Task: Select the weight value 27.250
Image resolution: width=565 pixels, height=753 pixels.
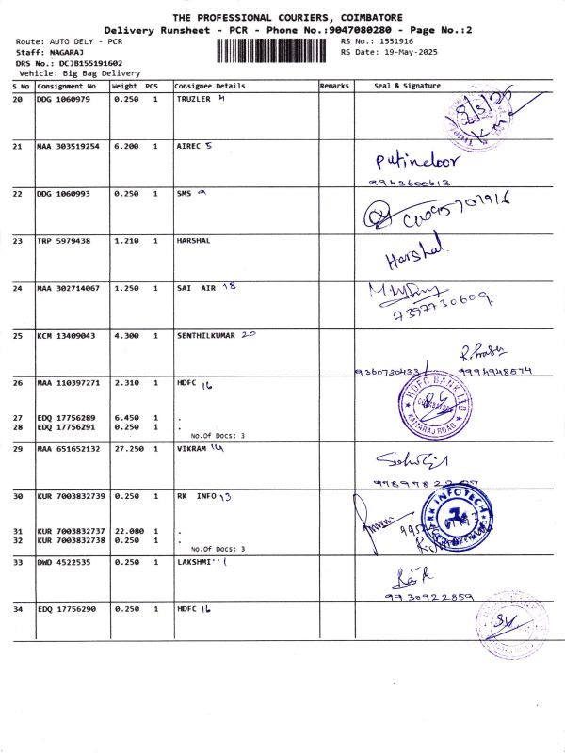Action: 126,450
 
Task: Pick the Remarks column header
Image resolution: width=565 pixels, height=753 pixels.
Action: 334,86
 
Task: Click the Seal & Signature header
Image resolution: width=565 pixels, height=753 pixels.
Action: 407,86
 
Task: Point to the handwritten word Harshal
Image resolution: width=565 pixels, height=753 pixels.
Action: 412,255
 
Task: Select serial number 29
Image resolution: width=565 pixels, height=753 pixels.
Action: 18,450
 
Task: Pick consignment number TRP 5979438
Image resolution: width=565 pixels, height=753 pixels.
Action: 64,241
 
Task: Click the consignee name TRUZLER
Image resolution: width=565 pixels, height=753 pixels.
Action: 195,99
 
